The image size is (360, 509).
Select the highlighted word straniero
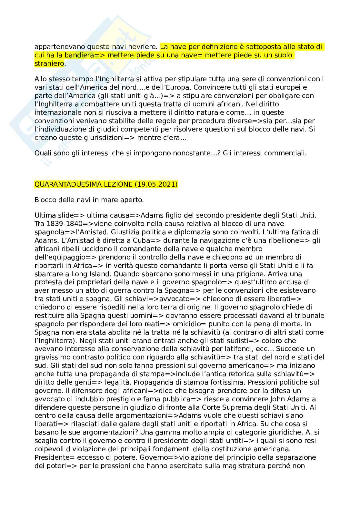tap(49, 64)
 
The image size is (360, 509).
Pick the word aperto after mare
tap(132, 200)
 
